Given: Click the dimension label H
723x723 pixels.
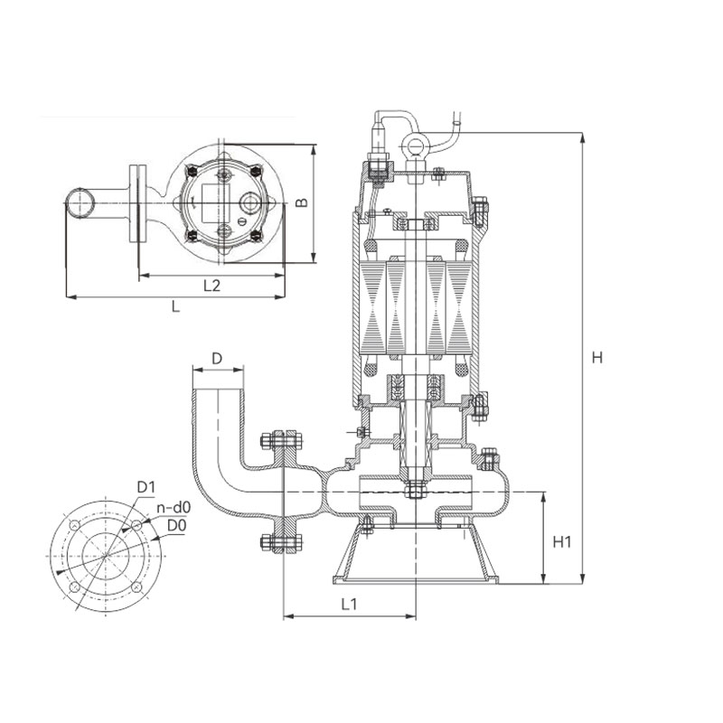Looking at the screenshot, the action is click(597, 357).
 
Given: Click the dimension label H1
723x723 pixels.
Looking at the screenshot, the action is click(562, 541).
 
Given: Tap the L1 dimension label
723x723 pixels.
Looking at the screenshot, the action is click(349, 604).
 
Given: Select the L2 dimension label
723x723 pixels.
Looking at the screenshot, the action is click(211, 286).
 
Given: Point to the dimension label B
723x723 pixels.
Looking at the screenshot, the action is click(302, 202).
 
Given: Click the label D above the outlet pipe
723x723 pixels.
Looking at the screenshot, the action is click(217, 358).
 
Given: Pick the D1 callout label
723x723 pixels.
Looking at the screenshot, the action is click(146, 487).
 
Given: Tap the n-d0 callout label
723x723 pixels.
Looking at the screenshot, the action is click(174, 508).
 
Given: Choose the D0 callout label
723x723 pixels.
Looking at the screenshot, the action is click(176, 525).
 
